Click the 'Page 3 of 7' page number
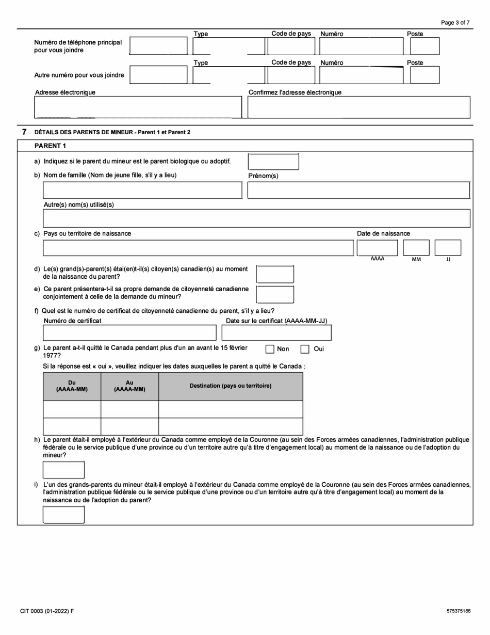pos(455,23)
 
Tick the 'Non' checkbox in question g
pos(270,349)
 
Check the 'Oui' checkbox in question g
pos(305,349)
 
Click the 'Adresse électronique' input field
pos(138,107)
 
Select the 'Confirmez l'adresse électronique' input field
pos(359,107)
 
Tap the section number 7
pos(24,132)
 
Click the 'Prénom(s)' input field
pos(358,190)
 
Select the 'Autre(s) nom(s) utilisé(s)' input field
pos(256,218)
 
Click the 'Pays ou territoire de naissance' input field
pos(198,248)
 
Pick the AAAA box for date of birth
pos(378,248)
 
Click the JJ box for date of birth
pos(448,248)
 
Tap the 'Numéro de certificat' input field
pos(129,333)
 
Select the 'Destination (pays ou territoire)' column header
pos(231,386)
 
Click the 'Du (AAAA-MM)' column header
pos(72,386)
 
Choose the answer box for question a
pos(273,162)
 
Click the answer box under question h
pos(63,470)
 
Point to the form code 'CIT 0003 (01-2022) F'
pos(47,611)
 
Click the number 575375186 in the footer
pos(459,611)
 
